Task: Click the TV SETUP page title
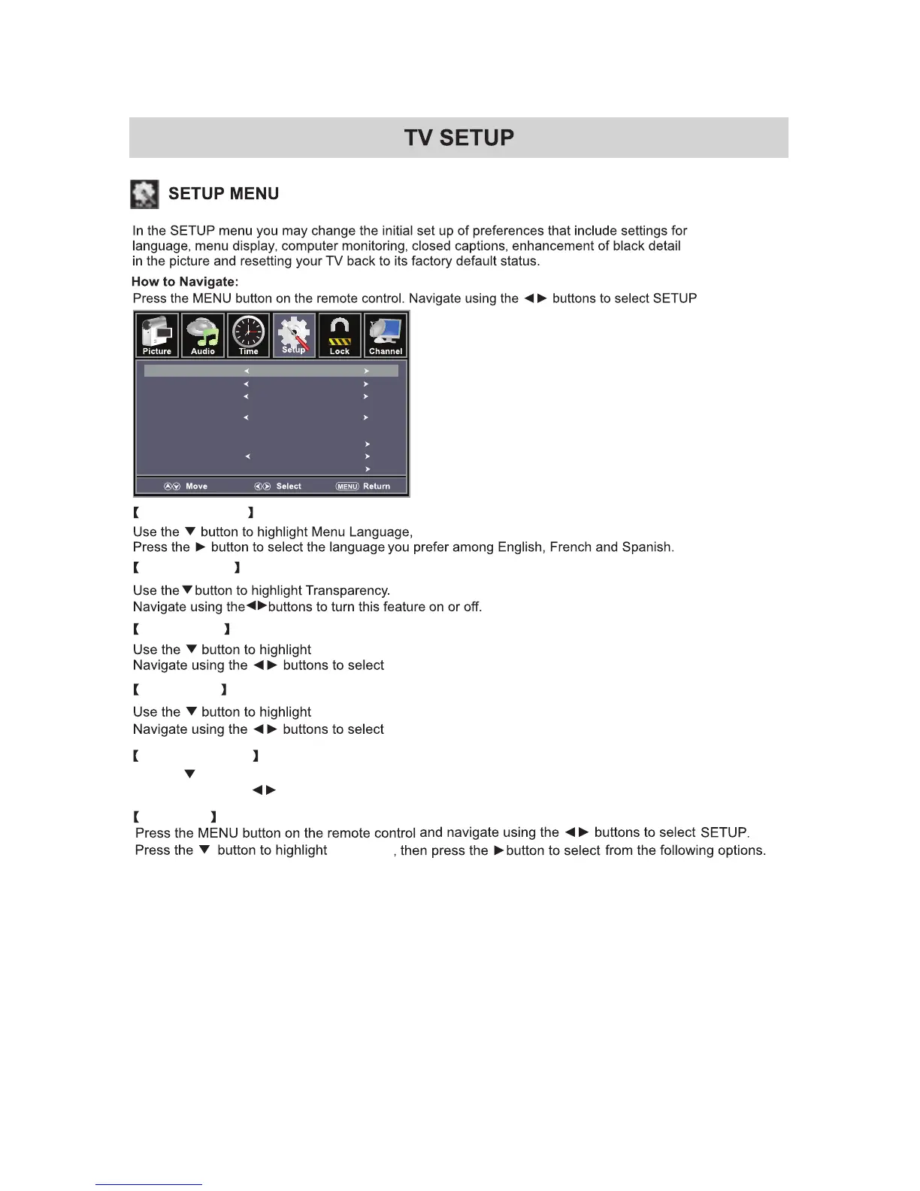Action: pos(458,138)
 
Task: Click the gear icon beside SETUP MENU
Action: pos(144,194)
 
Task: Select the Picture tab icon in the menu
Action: pos(157,335)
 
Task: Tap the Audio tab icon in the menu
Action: pos(203,335)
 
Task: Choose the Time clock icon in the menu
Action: pos(249,335)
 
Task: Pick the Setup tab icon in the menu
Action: pos(294,335)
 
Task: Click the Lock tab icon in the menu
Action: pos(340,335)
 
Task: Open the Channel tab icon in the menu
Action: pos(386,335)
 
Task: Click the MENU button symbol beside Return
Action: pos(347,486)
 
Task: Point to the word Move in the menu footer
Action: pos(197,486)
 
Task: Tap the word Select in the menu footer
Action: pos(289,486)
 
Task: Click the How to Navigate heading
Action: pos(185,282)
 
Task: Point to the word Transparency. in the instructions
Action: pos(348,591)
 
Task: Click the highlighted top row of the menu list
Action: pos(271,371)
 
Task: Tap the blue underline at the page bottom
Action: pos(149,1184)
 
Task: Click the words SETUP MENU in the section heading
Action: pos(224,194)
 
